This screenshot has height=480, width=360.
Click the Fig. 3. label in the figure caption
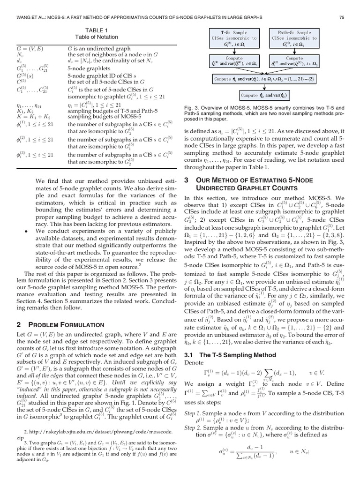click(192, 108)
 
